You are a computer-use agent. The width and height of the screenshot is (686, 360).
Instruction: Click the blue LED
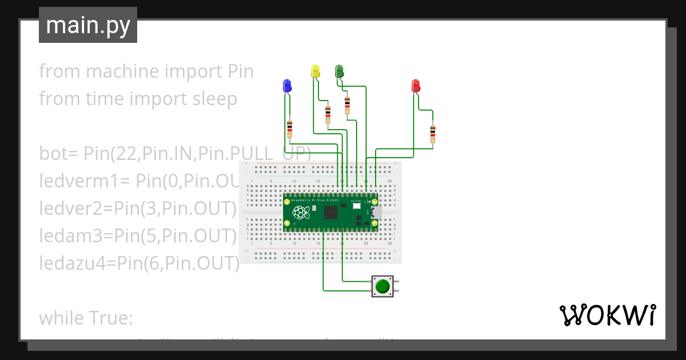[287, 86]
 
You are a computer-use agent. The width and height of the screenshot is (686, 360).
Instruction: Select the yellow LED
[315, 71]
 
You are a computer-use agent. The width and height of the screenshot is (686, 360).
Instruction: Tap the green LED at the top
[339, 70]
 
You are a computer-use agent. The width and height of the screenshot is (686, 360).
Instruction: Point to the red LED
[416, 86]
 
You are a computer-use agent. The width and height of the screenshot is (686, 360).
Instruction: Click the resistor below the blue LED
[290, 129]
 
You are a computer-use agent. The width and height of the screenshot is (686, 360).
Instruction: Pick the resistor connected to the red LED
[432, 134]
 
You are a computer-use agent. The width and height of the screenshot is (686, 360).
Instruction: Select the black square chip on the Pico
[330, 213]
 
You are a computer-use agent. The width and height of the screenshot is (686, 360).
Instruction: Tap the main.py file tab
[88, 25]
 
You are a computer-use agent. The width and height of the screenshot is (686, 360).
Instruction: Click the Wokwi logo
[607, 315]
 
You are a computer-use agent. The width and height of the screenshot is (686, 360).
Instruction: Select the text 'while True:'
[86, 318]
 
